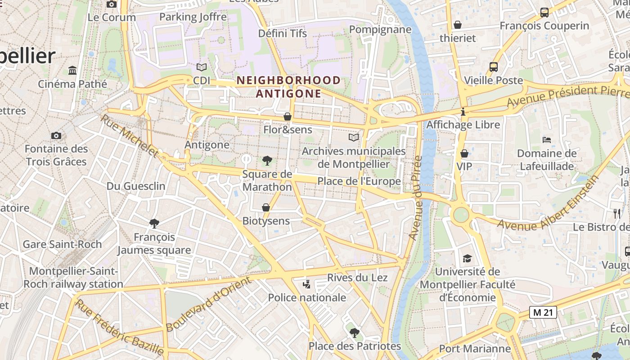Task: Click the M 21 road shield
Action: point(543,312)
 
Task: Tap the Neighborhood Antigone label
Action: point(288,87)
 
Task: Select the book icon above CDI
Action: point(202,67)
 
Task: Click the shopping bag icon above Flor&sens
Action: point(288,117)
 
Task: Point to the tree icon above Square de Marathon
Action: point(267,161)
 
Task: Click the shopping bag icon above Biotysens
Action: point(266,207)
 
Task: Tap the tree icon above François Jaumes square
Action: point(154,223)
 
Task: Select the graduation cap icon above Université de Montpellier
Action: point(467,259)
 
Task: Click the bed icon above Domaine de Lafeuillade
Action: point(547,140)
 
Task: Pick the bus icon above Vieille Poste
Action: point(494,67)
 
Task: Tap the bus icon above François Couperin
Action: point(544,13)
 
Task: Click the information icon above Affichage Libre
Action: point(463,112)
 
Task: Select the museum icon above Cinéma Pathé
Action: point(72,71)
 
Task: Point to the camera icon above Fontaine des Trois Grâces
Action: point(56,135)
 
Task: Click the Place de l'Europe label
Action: point(359,181)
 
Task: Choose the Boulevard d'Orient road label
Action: point(208,305)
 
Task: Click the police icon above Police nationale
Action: point(307,284)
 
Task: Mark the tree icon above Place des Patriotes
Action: point(354,333)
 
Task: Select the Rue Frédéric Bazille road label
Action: point(119,326)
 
